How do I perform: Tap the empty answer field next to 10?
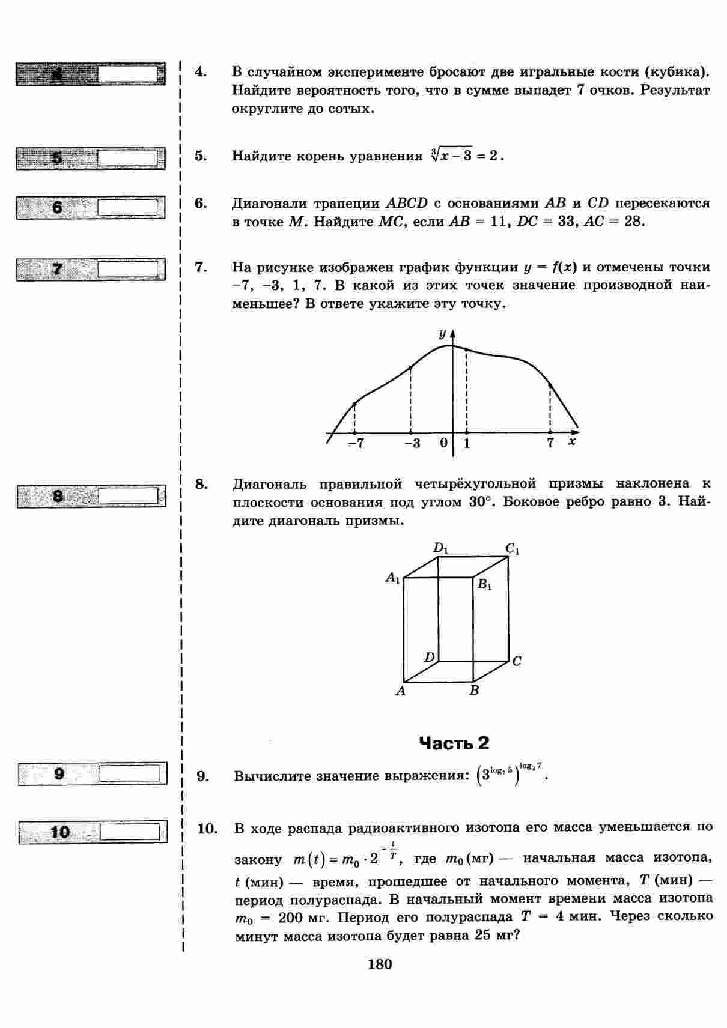click(130, 832)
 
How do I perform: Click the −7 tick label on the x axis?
click(356, 443)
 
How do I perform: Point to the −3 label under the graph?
click(412, 443)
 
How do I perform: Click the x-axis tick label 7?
click(550, 443)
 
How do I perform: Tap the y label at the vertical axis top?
click(442, 333)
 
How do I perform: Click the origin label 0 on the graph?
click(443, 443)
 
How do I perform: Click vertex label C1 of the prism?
click(513, 548)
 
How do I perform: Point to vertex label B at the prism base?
click(474, 691)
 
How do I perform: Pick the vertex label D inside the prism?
click(429, 658)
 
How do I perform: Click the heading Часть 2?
click(454, 743)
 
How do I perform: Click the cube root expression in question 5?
click(466, 156)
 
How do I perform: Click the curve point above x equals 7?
click(550, 384)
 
